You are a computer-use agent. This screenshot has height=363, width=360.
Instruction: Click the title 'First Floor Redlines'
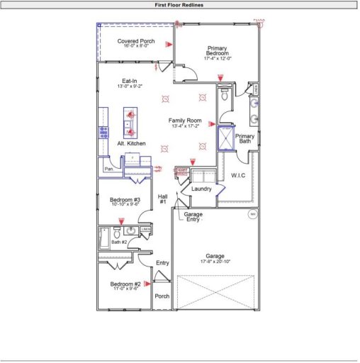[179, 4]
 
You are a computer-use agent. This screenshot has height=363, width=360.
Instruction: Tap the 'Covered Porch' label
[136, 41]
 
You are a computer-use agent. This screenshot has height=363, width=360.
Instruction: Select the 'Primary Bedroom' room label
[217, 50]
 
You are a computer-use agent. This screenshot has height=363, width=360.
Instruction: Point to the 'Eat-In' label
[130, 81]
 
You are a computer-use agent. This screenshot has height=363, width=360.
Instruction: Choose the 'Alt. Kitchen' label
[131, 143]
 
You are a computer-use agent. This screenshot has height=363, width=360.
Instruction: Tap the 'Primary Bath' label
[244, 139]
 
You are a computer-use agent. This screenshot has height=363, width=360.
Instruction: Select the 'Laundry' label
[202, 189]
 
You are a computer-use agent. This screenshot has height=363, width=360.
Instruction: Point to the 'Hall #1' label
[162, 199]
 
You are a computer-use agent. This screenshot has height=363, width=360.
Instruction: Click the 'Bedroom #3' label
[125, 200]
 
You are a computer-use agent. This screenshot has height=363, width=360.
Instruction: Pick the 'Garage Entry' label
[193, 217]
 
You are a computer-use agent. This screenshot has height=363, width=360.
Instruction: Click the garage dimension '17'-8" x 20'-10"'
[215, 262]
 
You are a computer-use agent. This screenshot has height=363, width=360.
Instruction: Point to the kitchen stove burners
[103, 131]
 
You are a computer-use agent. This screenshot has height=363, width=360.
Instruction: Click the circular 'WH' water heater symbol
[252, 213]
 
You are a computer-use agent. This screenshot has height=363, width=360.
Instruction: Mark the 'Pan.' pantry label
[109, 169]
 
